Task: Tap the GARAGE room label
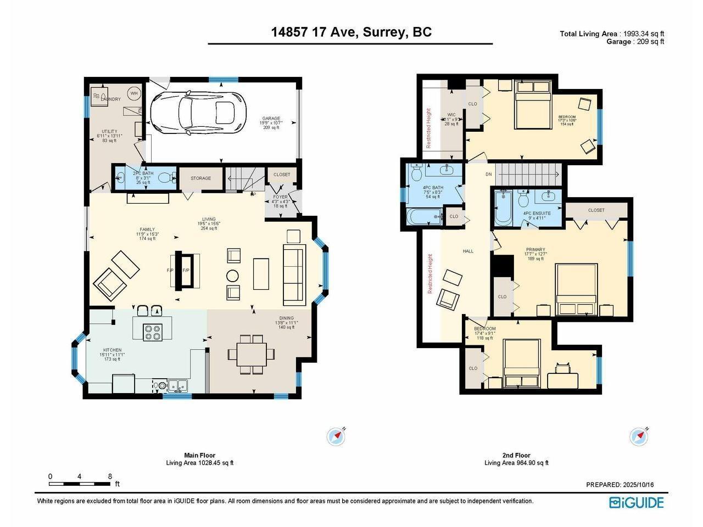coord(271,119)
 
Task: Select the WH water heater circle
coord(133,94)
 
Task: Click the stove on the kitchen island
coord(152,332)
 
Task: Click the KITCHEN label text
coord(113,350)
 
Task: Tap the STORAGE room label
coord(200,178)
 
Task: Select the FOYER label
coord(281,197)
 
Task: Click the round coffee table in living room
coord(233,275)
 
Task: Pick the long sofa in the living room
coord(294,274)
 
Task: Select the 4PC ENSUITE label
coord(537,214)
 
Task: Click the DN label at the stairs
coord(489,175)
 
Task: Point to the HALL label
coord(468,251)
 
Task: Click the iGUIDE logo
coord(637,502)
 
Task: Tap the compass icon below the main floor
coord(336,437)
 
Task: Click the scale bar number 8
coord(110,476)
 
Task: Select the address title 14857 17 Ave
coord(351,32)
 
